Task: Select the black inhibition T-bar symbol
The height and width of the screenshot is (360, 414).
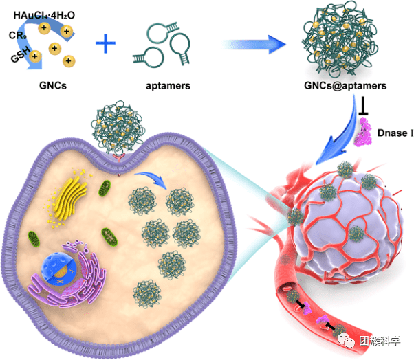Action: click(x=362, y=103)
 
